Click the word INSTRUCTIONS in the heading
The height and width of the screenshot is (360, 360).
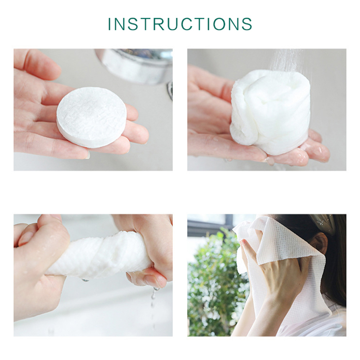(180, 24)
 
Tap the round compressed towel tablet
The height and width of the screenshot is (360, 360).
(91, 117)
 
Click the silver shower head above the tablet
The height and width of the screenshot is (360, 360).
(135, 65)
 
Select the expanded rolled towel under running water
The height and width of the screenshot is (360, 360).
(270, 112)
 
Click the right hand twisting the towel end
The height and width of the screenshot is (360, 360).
(147, 248)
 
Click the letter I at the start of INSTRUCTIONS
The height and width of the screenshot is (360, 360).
(109, 24)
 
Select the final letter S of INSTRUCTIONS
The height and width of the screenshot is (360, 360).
(247, 24)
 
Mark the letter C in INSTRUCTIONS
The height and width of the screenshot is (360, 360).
(188, 24)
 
